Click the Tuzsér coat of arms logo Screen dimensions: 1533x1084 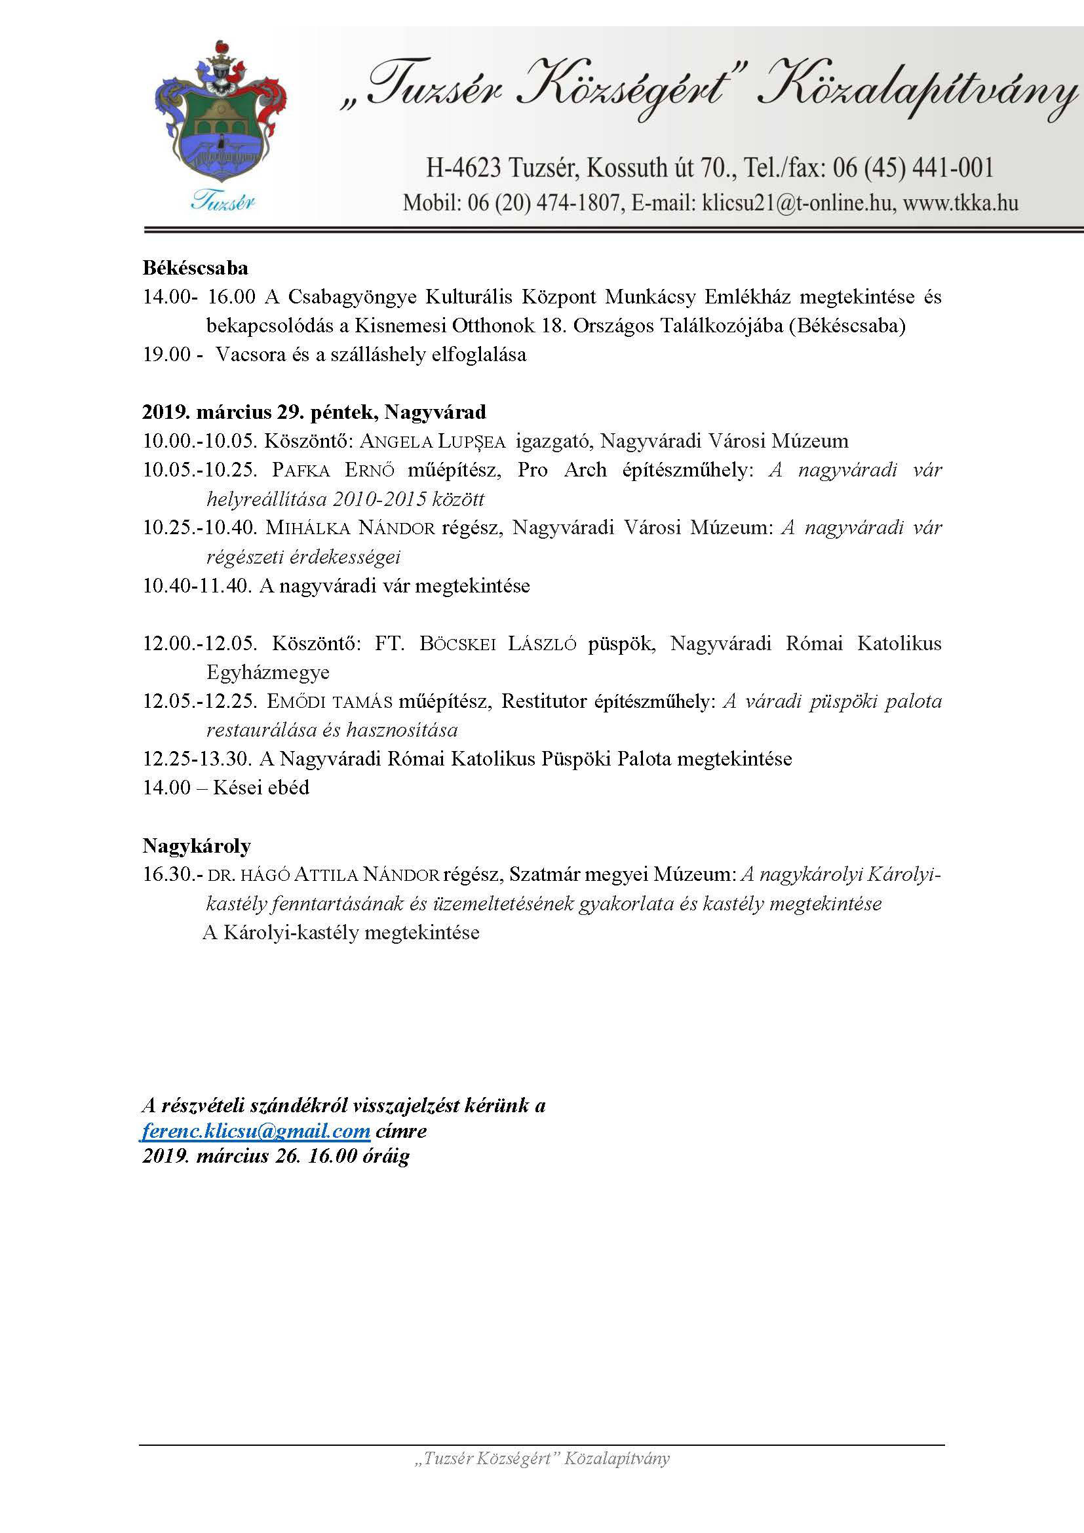coord(220,113)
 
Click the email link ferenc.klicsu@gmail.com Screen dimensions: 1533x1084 coord(256,1131)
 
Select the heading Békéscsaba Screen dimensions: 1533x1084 coord(195,268)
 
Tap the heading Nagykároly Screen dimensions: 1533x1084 coord(196,846)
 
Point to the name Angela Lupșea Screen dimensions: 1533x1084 coord(432,441)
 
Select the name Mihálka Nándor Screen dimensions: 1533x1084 coord(350,528)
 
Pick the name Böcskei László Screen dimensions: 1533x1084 coord(497,644)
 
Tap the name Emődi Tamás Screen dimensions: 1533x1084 coord(329,702)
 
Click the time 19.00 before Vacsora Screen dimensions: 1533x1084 coord(167,355)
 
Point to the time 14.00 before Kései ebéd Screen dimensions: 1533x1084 coord(167,788)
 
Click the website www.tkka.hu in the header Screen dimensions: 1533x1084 coord(961,203)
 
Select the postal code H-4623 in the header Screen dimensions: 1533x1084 coord(463,168)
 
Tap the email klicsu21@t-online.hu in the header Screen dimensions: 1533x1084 coord(796,203)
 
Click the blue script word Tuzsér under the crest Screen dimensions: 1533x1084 coord(223,200)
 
